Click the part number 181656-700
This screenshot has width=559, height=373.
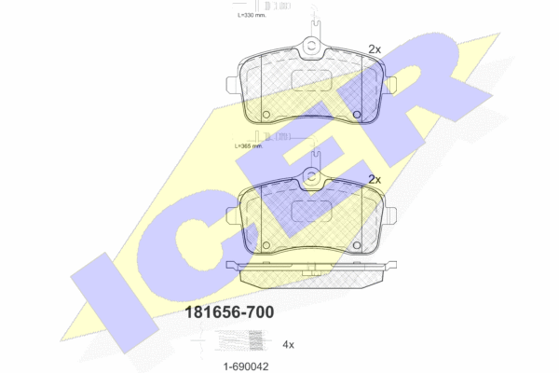(x=229, y=312)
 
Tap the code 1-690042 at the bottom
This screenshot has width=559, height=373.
(x=246, y=366)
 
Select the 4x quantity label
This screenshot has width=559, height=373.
(x=288, y=344)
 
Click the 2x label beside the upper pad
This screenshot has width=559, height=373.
(x=375, y=49)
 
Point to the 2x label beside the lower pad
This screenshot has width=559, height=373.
(x=375, y=180)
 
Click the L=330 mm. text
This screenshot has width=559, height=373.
(x=252, y=15)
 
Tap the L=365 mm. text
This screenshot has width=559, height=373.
(x=249, y=146)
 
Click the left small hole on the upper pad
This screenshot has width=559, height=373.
(x=266, y=115)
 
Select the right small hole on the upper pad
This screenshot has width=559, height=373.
(x=357, y=115)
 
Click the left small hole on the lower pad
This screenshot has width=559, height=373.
(x=266, y=245)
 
